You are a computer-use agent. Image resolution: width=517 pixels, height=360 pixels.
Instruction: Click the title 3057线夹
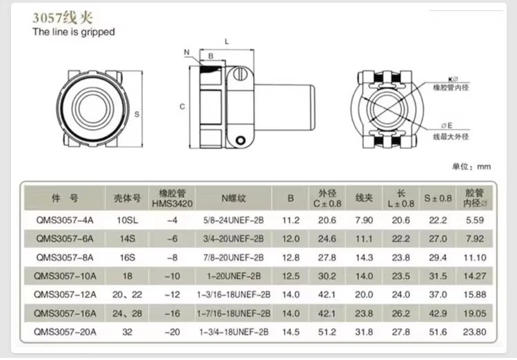(x=63, y=17)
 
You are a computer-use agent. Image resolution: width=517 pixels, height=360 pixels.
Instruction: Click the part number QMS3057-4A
(x=65, y=220)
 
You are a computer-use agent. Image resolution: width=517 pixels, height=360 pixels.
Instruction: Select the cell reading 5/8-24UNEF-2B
(x=234, y=220)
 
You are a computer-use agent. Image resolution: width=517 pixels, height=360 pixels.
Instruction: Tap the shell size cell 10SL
(x=128, y=220)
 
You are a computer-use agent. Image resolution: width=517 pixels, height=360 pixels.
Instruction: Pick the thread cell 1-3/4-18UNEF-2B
(x=234, y=332)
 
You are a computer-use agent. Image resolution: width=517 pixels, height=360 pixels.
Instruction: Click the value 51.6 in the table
(x=438, y=332)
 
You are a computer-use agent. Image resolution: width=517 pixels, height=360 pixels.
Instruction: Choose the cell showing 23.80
(x=474, y=332)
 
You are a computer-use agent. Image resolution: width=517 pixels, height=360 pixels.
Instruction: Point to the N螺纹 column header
(x=234, y=198)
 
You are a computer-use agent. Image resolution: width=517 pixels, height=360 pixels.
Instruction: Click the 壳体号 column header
(x=128, y=198)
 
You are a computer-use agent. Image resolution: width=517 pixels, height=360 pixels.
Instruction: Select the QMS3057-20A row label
(x=65, y=332)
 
